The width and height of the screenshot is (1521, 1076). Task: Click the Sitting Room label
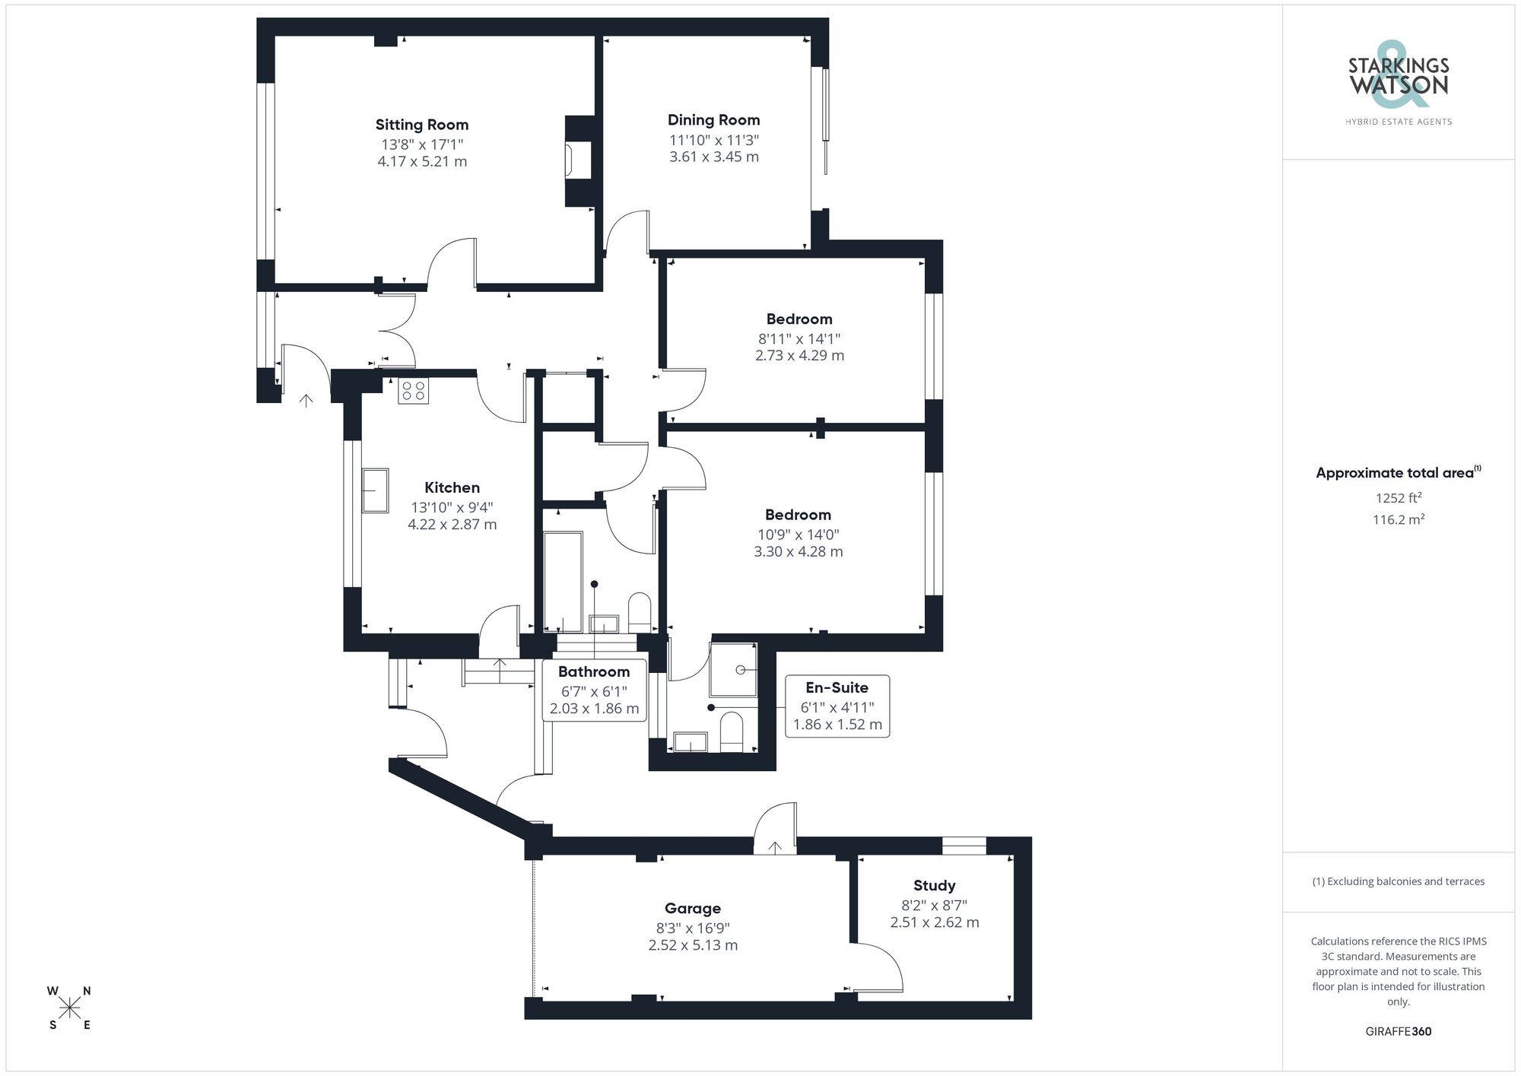click(421, 125)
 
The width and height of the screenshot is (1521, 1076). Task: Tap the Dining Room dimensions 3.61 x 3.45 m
click(713, 157)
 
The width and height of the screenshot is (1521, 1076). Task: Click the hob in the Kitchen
click(413, 391)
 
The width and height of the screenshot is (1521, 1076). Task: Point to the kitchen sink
click(375, 490)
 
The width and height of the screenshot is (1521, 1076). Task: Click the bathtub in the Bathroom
click(563, 582)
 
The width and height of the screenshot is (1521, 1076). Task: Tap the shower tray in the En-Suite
click(733, 670)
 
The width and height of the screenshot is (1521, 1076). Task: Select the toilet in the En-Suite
click(731, 732)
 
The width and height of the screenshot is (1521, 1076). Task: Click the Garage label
click(692, 908)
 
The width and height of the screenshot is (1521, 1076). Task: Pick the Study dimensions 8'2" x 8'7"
click(934, 906)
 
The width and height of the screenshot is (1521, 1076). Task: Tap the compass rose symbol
click(70, 1008)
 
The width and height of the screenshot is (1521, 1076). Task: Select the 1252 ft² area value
click(1398, 499)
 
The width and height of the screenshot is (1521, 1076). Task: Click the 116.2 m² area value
click(1398, 520)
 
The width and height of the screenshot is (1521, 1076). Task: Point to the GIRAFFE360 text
click(1398, 1031)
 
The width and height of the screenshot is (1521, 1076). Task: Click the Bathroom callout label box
click(594, 690)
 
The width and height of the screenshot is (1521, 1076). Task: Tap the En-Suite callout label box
click(837, 706)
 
